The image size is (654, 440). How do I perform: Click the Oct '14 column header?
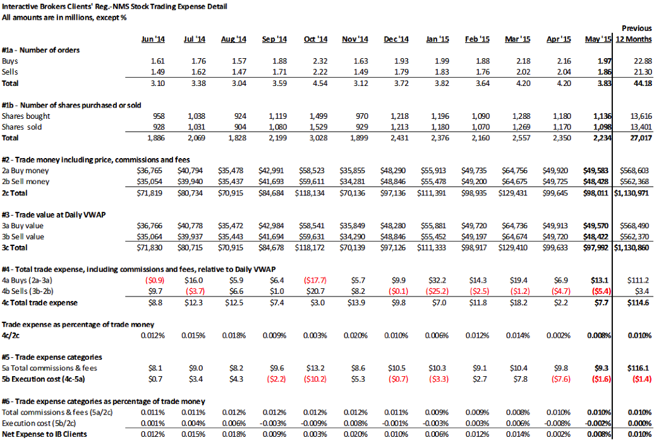315,39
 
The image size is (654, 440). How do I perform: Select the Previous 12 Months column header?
634,34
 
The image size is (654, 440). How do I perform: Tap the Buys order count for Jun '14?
158,61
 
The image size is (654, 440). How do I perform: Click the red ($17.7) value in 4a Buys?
315,281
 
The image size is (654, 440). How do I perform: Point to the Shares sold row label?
21,127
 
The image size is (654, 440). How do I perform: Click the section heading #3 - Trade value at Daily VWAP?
54,214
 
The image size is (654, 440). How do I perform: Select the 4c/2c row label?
11,335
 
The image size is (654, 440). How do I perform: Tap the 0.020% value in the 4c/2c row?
355,335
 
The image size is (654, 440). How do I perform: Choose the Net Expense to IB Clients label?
44,434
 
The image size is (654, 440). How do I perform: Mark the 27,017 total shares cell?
641,138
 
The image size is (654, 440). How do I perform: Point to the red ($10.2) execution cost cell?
315,379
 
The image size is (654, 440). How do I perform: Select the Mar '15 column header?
518,39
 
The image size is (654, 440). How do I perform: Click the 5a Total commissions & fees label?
49,368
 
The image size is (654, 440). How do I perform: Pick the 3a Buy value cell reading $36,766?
150,226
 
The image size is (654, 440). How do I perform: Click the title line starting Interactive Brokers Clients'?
114,6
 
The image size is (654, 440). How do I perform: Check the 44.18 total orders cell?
643,83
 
